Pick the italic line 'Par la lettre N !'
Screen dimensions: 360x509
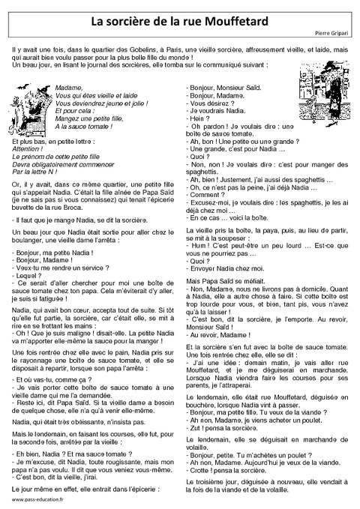click(38, 171)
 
